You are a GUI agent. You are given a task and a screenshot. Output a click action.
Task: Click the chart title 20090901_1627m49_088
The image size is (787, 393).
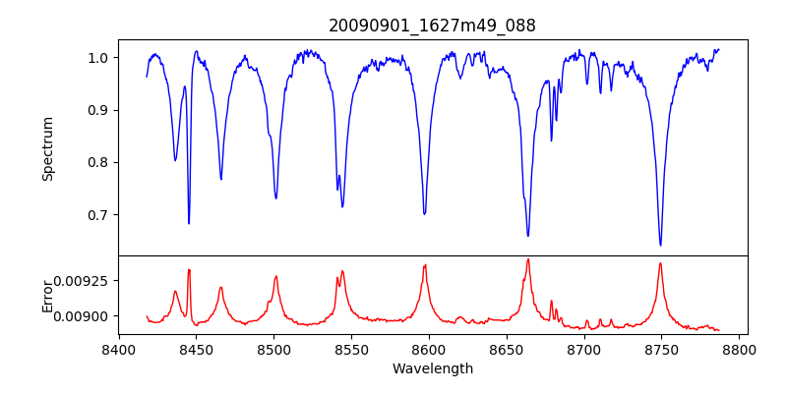433,26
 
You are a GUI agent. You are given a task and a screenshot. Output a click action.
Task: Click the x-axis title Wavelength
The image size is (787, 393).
433,369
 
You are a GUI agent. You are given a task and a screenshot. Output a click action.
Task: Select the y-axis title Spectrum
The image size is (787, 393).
48,148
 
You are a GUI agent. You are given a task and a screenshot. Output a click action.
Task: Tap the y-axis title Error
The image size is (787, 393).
48,294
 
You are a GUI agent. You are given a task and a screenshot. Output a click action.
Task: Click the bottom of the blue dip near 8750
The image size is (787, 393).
660,245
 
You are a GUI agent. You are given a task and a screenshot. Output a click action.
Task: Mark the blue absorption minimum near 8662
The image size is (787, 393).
527,236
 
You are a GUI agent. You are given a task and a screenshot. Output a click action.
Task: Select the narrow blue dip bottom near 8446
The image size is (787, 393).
189,223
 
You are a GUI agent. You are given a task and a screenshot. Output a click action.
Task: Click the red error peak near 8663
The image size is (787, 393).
527,259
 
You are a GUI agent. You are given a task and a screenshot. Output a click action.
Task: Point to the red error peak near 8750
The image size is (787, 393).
660,263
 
